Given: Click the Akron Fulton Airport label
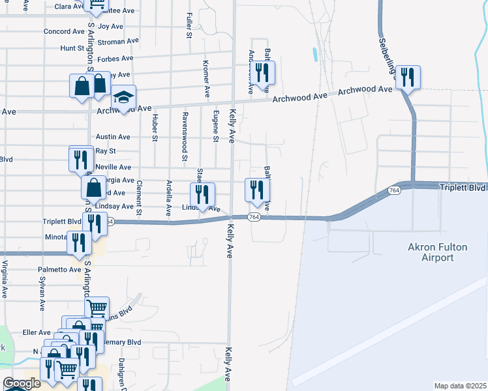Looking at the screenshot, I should pyautogui.click(x=430, y=252).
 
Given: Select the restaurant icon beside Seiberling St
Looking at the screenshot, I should pyautogui.click(x=407, y=77).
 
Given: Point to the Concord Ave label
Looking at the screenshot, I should pyautogui.click(x=61, y=31).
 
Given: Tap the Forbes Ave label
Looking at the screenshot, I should pyautogui.click(x=115, y=58).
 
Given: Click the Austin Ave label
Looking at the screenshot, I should pyautogui.click(x=113, y=137).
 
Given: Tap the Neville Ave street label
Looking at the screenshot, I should pyautogui.click(x=113, y=167).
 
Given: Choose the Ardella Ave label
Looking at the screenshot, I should pyautogui.click(x=169, y=198).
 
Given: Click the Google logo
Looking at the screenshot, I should pyautogui.click(x=22, y=384).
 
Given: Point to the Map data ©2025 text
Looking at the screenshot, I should pyautogui.click(x=460, y=386).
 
